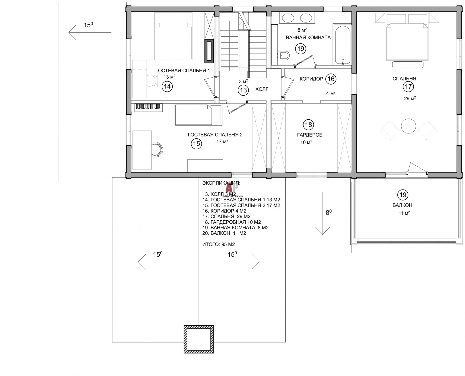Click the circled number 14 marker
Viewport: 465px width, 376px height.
[167, 86]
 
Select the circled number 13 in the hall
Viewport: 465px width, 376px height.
[243, 90]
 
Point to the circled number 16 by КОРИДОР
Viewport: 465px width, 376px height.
[331, 79]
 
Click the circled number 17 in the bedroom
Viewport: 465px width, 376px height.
[408, 87]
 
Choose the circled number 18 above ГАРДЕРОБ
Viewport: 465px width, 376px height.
[309, 125]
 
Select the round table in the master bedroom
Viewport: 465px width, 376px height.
[408, 126]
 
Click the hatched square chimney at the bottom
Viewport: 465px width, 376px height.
[199, 339]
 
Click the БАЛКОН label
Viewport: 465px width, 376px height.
[402, 205]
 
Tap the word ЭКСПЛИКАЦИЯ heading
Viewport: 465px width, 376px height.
[221, 183]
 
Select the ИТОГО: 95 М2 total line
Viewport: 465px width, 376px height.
[219, 244]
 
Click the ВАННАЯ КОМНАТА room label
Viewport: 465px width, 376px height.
[308, 37]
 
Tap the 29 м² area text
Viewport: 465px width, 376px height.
[410, 98]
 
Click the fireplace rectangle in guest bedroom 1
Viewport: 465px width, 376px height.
[209, 51]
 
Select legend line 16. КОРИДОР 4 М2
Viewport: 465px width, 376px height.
[224, 211]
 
